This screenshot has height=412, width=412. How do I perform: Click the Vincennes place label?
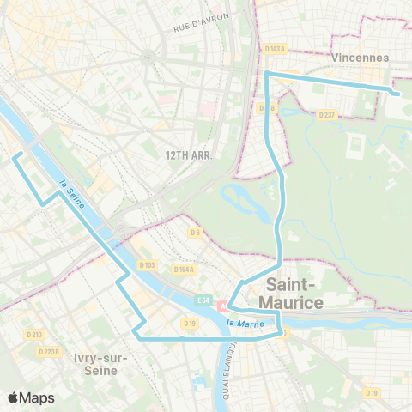(359, 57)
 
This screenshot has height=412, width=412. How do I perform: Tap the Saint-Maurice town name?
(294, 294)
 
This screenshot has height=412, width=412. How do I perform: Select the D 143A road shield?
(276, 49)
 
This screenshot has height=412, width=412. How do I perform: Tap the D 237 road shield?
(326, 114)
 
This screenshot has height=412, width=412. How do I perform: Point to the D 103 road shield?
(147, 265)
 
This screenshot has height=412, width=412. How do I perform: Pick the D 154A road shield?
(183, 270)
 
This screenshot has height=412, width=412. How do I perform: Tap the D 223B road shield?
(49, 351)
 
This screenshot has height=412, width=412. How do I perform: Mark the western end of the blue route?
(13, 154)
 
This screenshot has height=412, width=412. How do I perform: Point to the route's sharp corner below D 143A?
(267, 75)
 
